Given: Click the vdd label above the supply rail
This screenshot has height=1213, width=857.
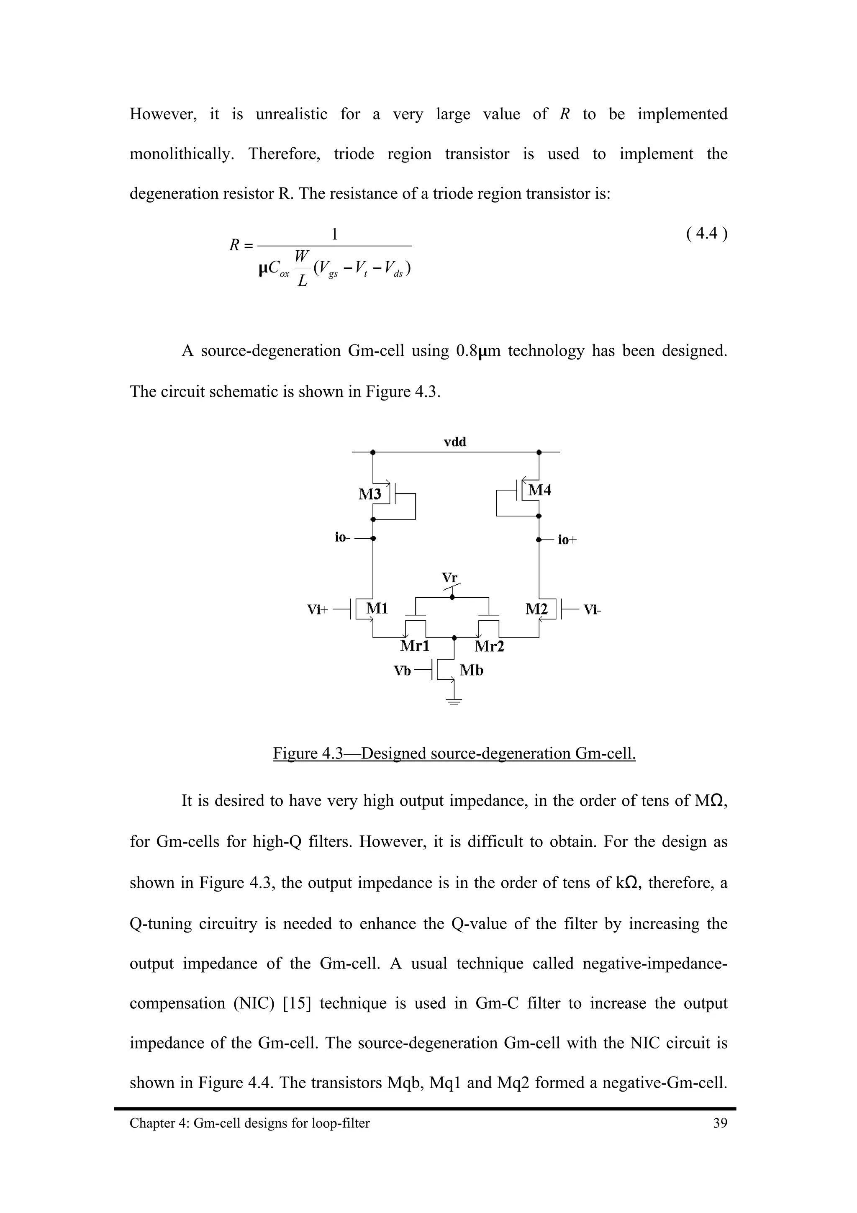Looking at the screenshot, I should [454, 442].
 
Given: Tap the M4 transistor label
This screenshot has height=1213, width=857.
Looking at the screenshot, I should [540, 490].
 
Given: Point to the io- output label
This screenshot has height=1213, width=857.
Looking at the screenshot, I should [342, 537].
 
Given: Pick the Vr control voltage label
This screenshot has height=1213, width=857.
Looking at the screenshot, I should [450, 578].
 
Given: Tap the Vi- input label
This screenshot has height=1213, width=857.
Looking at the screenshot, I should [593, 610].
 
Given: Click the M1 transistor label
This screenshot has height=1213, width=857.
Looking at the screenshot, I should [377, 609].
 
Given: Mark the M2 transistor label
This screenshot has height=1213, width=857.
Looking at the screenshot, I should [537, 609].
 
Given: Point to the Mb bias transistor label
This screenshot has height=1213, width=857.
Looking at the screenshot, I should [471, 671].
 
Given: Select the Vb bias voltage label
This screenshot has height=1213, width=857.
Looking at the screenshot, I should [403, 671].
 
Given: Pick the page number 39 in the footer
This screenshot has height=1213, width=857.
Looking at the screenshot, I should [720, 1123].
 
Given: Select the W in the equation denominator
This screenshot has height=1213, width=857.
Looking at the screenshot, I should [302, 256].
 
